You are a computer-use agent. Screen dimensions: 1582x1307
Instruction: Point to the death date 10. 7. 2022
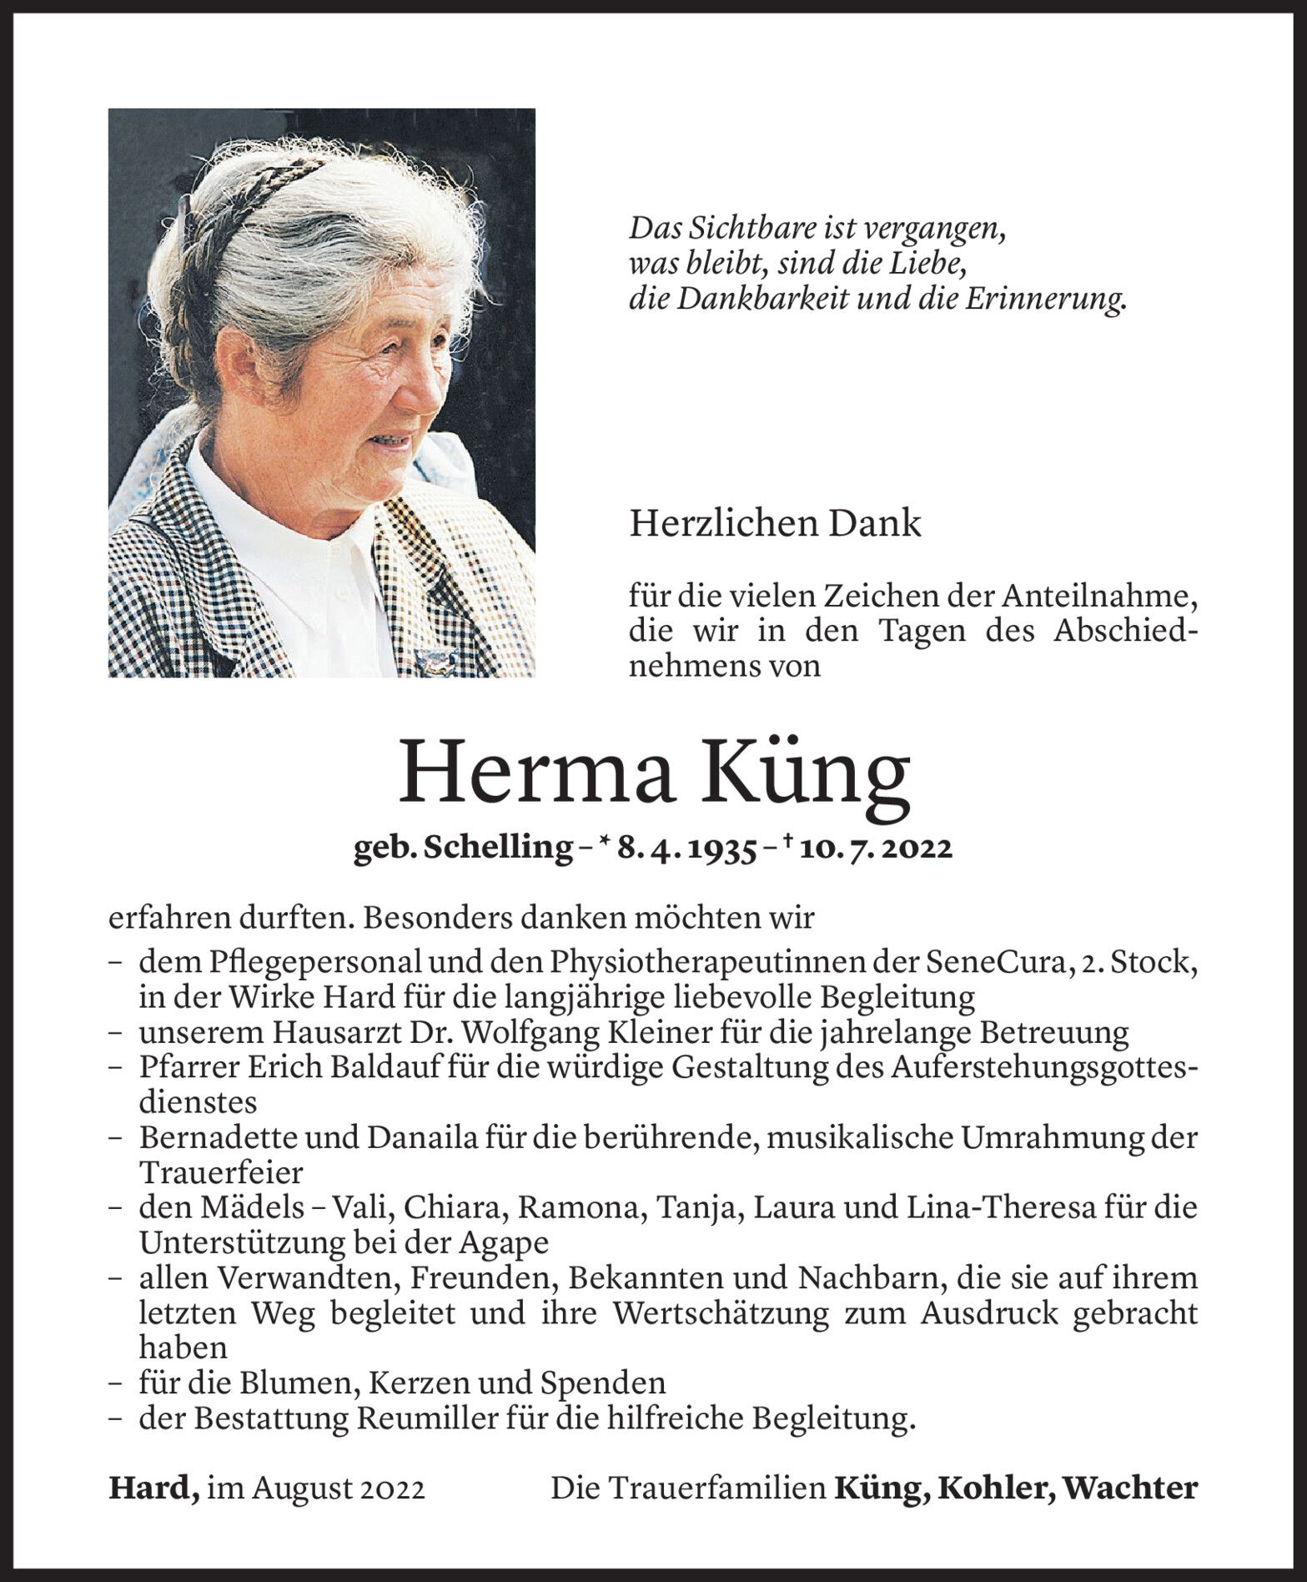(876, 848)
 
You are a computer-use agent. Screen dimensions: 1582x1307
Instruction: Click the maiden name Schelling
(497, 848)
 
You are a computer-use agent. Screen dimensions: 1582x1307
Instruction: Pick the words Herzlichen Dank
(775, 524)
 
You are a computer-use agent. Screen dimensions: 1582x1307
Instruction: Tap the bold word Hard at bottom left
(152, 1489)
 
